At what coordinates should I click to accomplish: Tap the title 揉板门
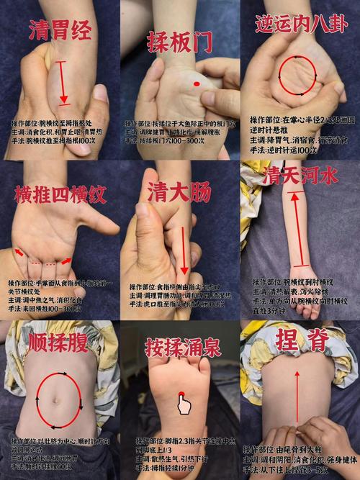pos(180,42)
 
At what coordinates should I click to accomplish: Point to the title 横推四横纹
pos(60,194)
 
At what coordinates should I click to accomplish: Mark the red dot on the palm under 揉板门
pos(196,86)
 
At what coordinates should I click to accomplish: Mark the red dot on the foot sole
pos(182,391)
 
